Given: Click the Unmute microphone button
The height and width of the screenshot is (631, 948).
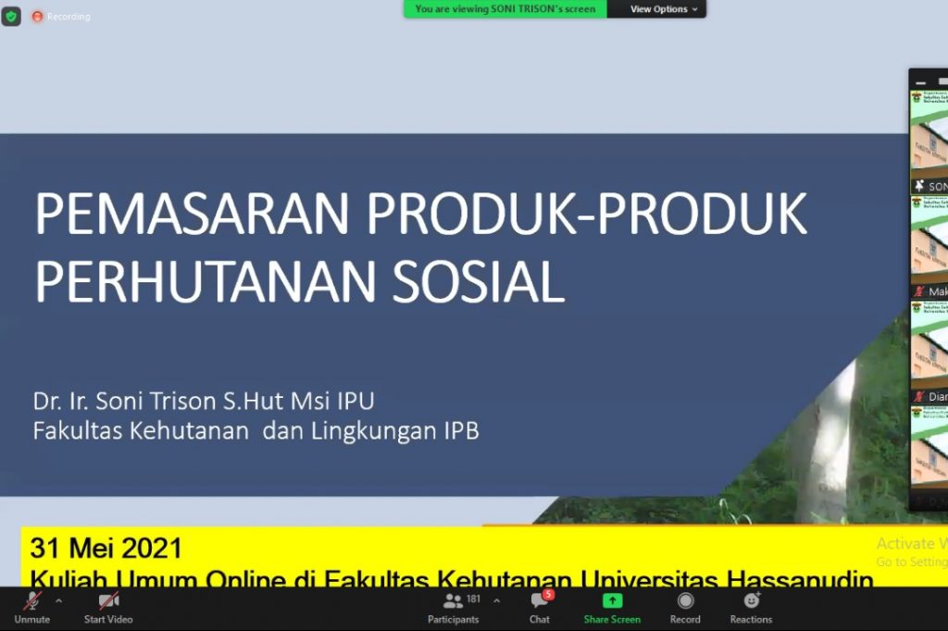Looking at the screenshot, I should click(32, 602).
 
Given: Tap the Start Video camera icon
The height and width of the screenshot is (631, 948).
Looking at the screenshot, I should click(108, 602).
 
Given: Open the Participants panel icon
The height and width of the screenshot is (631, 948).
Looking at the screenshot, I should click(453, 601).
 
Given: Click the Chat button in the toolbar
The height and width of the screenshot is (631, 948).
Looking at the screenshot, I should click(539, 602).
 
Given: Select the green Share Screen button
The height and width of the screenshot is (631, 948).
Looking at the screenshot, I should click(612, 602).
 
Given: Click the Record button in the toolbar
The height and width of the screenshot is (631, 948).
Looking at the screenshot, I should click(685, 602).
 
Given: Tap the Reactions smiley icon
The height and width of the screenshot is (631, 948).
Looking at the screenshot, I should click(751, 601).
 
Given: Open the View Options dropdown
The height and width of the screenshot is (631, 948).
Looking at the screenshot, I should click(658, 9).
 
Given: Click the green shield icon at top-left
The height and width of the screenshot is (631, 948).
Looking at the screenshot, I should click(11, 16).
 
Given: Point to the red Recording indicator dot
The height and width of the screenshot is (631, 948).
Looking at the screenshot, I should click(37, 17).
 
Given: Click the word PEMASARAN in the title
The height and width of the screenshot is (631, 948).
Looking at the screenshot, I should click(192, 215).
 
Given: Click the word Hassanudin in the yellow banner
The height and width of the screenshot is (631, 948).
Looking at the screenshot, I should click(800, 579).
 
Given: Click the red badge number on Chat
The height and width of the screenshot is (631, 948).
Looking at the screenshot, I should click(548, 594).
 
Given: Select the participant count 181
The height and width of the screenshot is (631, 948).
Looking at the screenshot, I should click(474, 599).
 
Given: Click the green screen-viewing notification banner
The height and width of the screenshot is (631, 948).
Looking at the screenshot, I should click(505, 9).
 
